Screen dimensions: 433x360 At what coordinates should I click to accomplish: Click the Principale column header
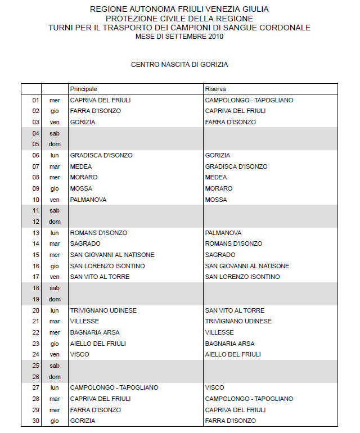click(83, 89)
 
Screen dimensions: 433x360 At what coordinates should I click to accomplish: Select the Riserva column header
click(215, 89)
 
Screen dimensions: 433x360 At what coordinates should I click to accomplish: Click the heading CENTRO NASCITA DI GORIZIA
click(179, 65)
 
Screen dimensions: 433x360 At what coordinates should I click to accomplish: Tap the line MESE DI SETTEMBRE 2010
click(179, 36)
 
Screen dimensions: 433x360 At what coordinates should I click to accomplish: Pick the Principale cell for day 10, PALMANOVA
click(88, 200)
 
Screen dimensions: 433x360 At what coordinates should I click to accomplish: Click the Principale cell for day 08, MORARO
click(84, 177)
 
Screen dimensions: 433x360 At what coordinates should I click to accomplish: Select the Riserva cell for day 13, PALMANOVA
click(223, 233)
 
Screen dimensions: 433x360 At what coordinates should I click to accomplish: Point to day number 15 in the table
click(35, 255)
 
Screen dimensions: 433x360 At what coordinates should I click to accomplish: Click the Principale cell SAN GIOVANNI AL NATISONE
click(112, 255)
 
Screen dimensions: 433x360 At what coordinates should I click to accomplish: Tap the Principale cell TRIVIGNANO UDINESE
click(103, 310)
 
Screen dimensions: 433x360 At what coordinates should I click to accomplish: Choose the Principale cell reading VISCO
click(79, 354)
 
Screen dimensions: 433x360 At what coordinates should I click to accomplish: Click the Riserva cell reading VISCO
click(214, 387)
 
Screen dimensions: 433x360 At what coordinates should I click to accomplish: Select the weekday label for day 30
click(55, 421)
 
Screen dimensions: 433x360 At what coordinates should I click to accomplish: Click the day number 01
click(35, 100)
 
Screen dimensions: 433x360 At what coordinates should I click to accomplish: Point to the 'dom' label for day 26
click(55, 377)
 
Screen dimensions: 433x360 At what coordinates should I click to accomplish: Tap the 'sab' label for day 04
click(55, 133)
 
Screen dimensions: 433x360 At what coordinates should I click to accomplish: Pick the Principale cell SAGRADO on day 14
click(85, 243)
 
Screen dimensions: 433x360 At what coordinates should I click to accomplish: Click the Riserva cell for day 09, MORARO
click(219, 188)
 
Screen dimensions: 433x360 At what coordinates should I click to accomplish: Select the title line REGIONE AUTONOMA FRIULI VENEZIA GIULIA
click(179, 10)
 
